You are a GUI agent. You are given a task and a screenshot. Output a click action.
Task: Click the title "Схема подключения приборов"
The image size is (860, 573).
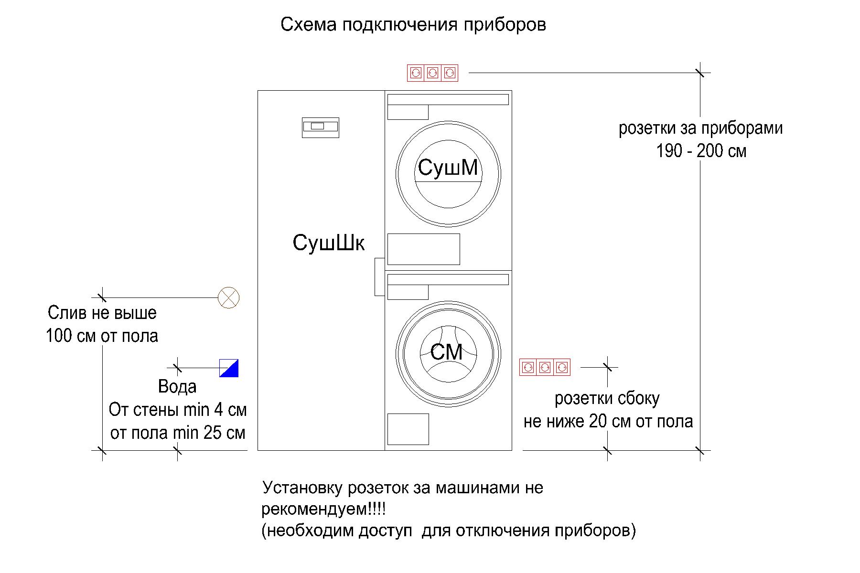click(x=413, y=25)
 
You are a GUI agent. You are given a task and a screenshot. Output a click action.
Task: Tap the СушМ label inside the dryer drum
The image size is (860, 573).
click(x=448, y=168)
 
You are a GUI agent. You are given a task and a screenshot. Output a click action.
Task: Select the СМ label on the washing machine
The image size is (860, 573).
click(x=446, y=352)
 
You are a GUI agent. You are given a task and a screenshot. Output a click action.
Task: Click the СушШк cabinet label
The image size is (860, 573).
click(x=328, y=243)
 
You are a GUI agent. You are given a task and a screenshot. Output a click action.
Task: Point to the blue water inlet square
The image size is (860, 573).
click(x=229, y=368)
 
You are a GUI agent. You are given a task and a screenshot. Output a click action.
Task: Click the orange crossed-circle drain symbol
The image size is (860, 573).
click(x=228, y=298)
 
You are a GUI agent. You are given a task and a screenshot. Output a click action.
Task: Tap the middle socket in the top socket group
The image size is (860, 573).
click(x=432, y=73)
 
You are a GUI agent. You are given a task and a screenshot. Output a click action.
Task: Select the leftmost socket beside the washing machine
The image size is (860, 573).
click(x=528, y=367)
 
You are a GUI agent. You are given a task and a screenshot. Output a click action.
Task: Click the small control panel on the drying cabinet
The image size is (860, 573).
click(x=320, y=127)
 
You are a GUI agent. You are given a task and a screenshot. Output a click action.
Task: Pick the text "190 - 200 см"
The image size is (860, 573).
click(x=701, y=151)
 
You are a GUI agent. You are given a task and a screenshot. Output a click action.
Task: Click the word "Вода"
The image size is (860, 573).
click(x=177, y=387)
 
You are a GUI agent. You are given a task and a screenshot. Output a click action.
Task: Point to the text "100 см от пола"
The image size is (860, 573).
click(x=102, y=336)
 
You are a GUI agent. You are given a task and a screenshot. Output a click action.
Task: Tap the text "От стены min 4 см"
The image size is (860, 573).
click(x=178, y=410)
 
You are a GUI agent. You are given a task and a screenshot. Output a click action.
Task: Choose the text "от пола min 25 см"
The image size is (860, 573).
click(x=178, y=433)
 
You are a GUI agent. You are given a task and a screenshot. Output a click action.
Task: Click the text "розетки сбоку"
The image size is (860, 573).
click(x=607, y=399)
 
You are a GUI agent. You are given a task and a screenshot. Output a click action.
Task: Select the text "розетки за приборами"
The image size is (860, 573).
click(x=700, y=128)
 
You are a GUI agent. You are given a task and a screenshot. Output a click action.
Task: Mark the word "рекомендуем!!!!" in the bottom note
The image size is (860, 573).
click(x=323, y=509)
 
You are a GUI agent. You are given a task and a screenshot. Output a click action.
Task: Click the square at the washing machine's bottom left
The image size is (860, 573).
click(x=408, y=429)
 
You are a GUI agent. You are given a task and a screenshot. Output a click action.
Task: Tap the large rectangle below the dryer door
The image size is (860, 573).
click(x=423, y=249)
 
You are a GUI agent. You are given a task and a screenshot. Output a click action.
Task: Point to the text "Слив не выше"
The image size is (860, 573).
click(x=102, y=313)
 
